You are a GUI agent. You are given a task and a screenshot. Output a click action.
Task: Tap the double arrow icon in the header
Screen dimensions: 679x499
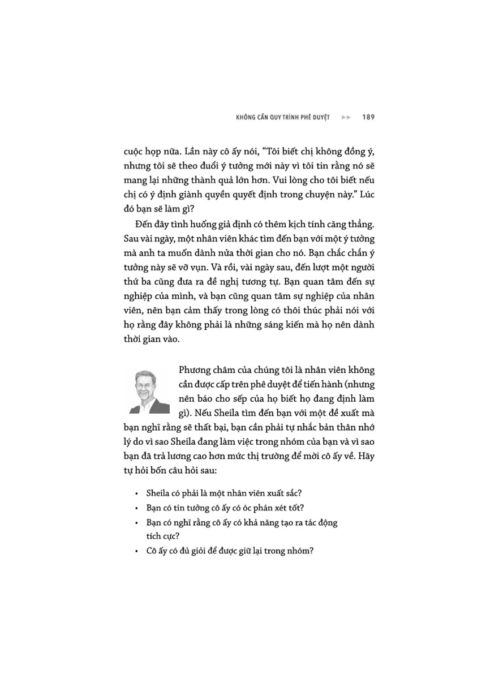(x=346, y=118)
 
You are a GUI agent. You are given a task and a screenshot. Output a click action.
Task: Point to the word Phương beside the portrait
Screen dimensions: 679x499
(x=196, y=371)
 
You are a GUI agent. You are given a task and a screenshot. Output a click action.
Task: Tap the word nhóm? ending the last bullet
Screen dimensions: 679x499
(x=299, y=551)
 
